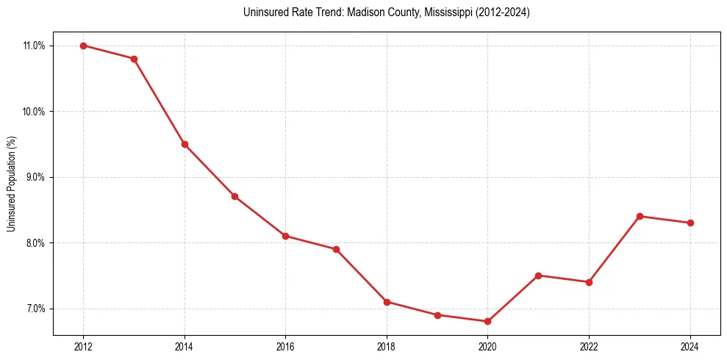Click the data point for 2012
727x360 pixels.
[x=83, y=46]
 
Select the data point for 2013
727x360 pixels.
[x=134, y=59]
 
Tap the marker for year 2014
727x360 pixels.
[x=185, y=144]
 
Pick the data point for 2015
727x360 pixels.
[x=234, y=196]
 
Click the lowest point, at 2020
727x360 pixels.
[x=487, y=321]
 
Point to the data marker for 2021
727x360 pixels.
[x=538, y=276]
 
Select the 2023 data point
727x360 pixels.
[x=640, y=216]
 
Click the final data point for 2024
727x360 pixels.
[x=690, y=223]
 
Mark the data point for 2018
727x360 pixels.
[x=387, y=301]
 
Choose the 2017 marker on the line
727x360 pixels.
[x=336, y=249]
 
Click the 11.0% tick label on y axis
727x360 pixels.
[x=34, y=46]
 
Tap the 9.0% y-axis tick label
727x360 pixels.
[x=35, y=177]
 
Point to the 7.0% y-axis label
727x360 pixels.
[x=35, y=309]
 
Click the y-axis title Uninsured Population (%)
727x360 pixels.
[x=12, y=184]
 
